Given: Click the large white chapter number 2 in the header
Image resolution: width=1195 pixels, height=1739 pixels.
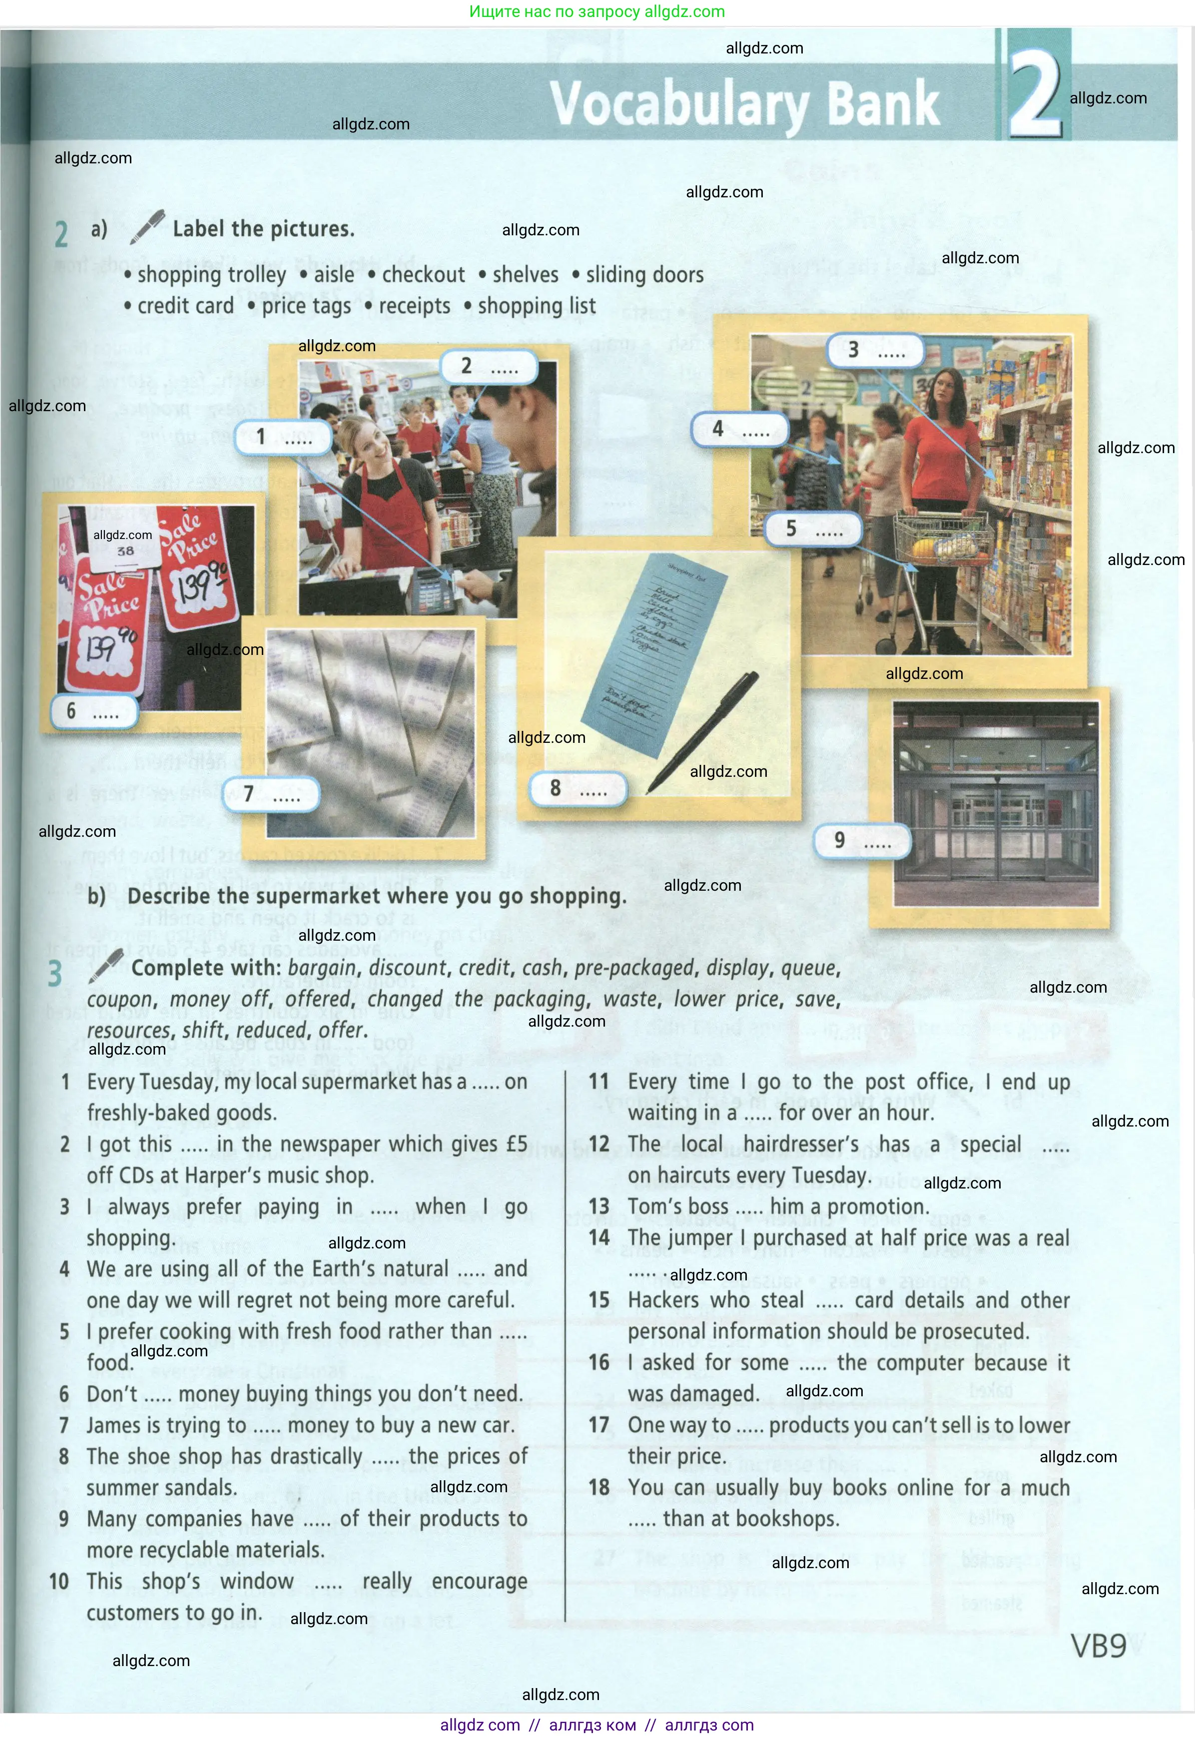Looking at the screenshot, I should (x=1035, y=93).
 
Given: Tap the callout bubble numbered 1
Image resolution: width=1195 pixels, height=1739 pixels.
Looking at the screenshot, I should (x=283, y=437).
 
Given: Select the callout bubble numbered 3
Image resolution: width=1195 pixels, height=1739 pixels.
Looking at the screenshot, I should (x=875, y=350).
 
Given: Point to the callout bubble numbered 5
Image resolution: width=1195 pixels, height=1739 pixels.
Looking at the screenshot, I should (x=813, y=529).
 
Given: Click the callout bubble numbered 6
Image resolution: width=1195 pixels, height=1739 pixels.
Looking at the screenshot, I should (x=93, y=711).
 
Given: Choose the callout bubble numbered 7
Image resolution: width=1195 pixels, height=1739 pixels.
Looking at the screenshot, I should (x=271, y=794).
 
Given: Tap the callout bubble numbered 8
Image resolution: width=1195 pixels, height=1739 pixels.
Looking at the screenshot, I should (x=578, y=789).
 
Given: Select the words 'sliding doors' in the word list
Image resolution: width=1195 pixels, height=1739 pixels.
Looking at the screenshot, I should (x=644, y=275).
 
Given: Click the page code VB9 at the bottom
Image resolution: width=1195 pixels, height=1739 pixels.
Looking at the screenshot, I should (x=1098, y=1646).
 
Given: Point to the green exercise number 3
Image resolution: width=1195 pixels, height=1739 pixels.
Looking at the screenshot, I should (x=54, y=974).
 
